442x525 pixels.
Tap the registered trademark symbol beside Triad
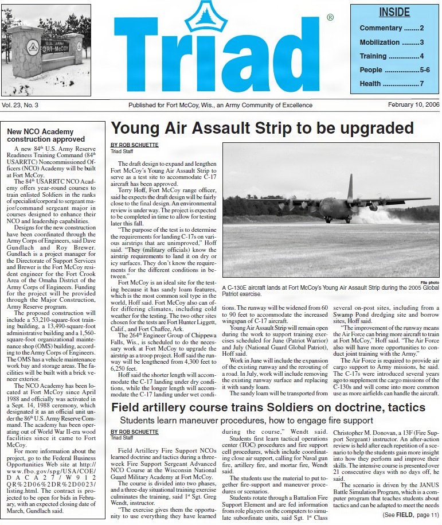click(330, 18)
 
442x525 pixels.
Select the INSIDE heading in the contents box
click(394, 13)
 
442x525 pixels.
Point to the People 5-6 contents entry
click(394, 70)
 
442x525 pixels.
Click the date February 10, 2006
click(413, 105)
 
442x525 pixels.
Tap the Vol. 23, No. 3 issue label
click(20, 105)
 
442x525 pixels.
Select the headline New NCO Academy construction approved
click(46, 135)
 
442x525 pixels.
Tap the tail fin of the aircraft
click(350, 186)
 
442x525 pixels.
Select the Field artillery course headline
click(268, 408)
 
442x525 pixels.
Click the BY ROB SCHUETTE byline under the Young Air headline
click(134, 145)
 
